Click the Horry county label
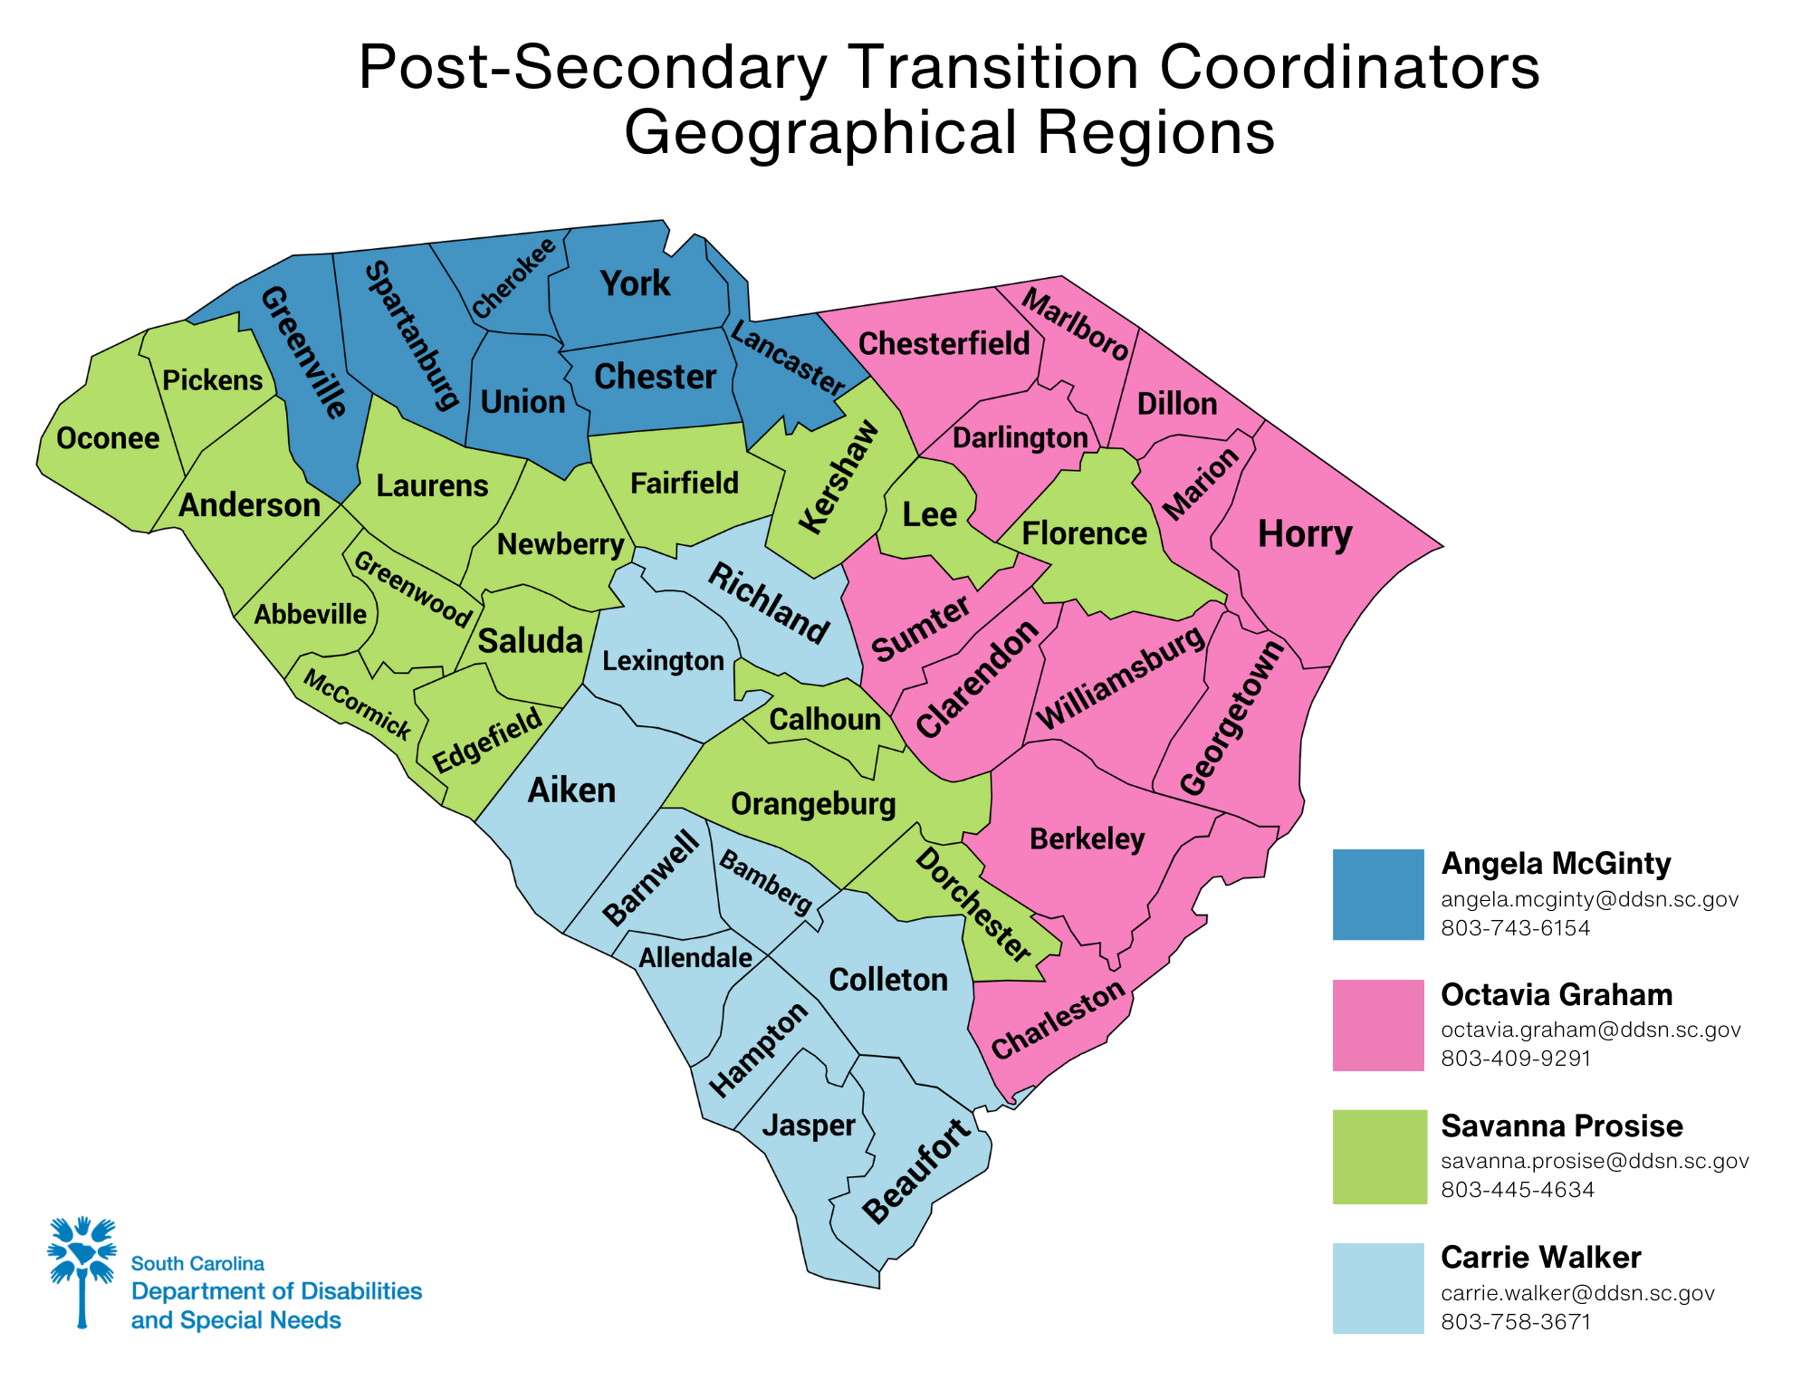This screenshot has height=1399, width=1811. [x=1305, y=534]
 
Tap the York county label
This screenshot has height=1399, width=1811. [x=635, y=283]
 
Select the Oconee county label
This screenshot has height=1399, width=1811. [x=108, y=438]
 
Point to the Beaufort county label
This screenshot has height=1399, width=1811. [x=916, y=1173]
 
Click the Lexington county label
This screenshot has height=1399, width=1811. [x=663, y=661]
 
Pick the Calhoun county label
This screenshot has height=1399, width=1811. [x=825, y=720]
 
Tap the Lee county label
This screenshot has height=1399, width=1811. [x=930, y=514]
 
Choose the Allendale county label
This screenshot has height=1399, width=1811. [x=695, y=957]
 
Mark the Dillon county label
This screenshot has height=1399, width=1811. [x=1177, y=404]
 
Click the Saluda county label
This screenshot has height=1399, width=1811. [x=531, y=641]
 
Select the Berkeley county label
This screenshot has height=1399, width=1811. [x=1088, y=839]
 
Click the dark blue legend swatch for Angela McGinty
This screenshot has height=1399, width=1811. [x=1377, y=894]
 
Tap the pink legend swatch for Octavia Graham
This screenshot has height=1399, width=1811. [x=1377, y=1025]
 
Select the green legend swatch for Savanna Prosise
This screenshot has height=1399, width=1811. [x=1377, y=1156]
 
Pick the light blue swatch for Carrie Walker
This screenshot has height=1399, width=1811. [x=1377, y=1288]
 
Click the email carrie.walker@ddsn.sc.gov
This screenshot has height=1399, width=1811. [x=1577, y=1293]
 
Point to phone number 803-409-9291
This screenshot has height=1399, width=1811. [x=1516, y=1059]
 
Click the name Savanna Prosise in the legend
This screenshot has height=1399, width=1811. [x=1562, y=1126]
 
